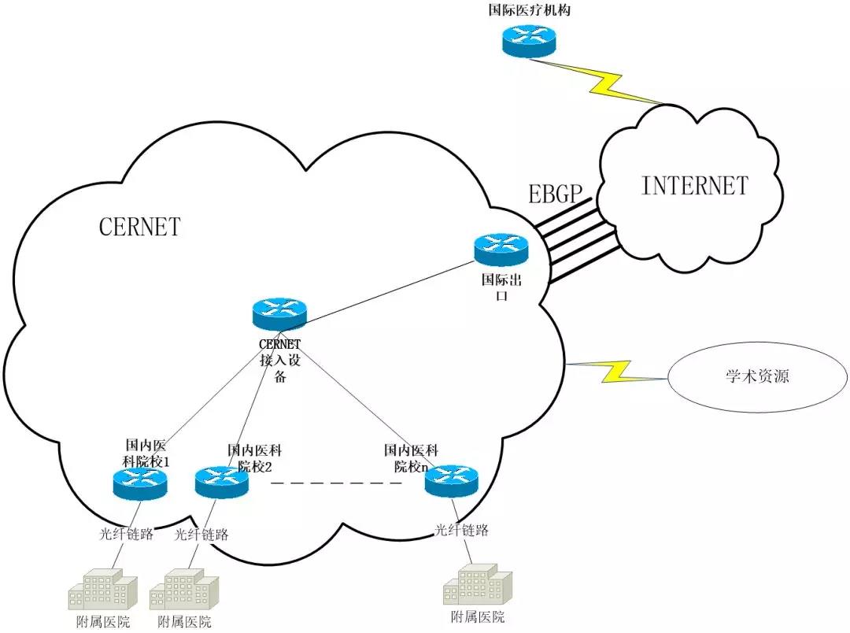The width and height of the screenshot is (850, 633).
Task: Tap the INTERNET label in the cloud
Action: coord(695,186)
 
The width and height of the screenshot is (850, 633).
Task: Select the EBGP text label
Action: coord(555,193)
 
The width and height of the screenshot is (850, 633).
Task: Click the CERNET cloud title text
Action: coord(139,227)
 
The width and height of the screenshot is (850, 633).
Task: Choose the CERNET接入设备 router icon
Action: coord(279,314)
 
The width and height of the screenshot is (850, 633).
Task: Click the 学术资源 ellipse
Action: coord(757,376)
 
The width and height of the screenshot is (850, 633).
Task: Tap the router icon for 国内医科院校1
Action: coord(139,482)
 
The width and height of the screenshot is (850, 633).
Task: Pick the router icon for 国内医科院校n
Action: coord(452,480)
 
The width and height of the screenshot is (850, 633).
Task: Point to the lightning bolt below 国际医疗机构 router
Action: coord(609,83)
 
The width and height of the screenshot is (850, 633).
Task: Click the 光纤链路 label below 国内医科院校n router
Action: coord(461,530)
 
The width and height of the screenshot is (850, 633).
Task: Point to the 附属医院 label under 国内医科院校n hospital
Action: coord(478,616)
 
